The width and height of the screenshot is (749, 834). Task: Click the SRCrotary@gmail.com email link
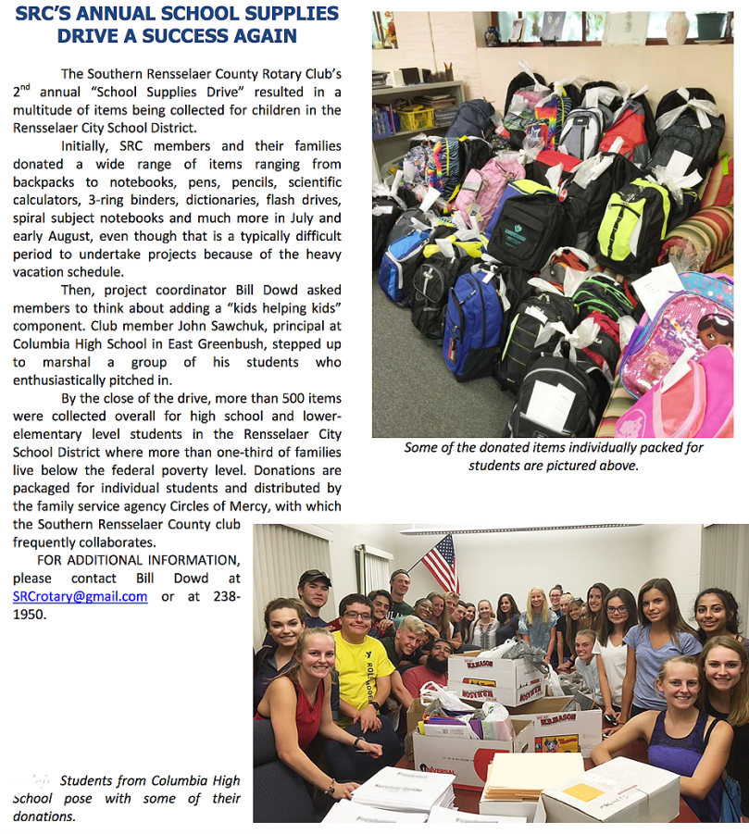pyautogui.click(x=81, y=597)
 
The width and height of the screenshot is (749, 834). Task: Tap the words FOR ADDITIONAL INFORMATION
pyautogui.click(x=138, y=560)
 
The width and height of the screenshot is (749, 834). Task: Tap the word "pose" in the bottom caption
pyautogui.click(x=83, y=799)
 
